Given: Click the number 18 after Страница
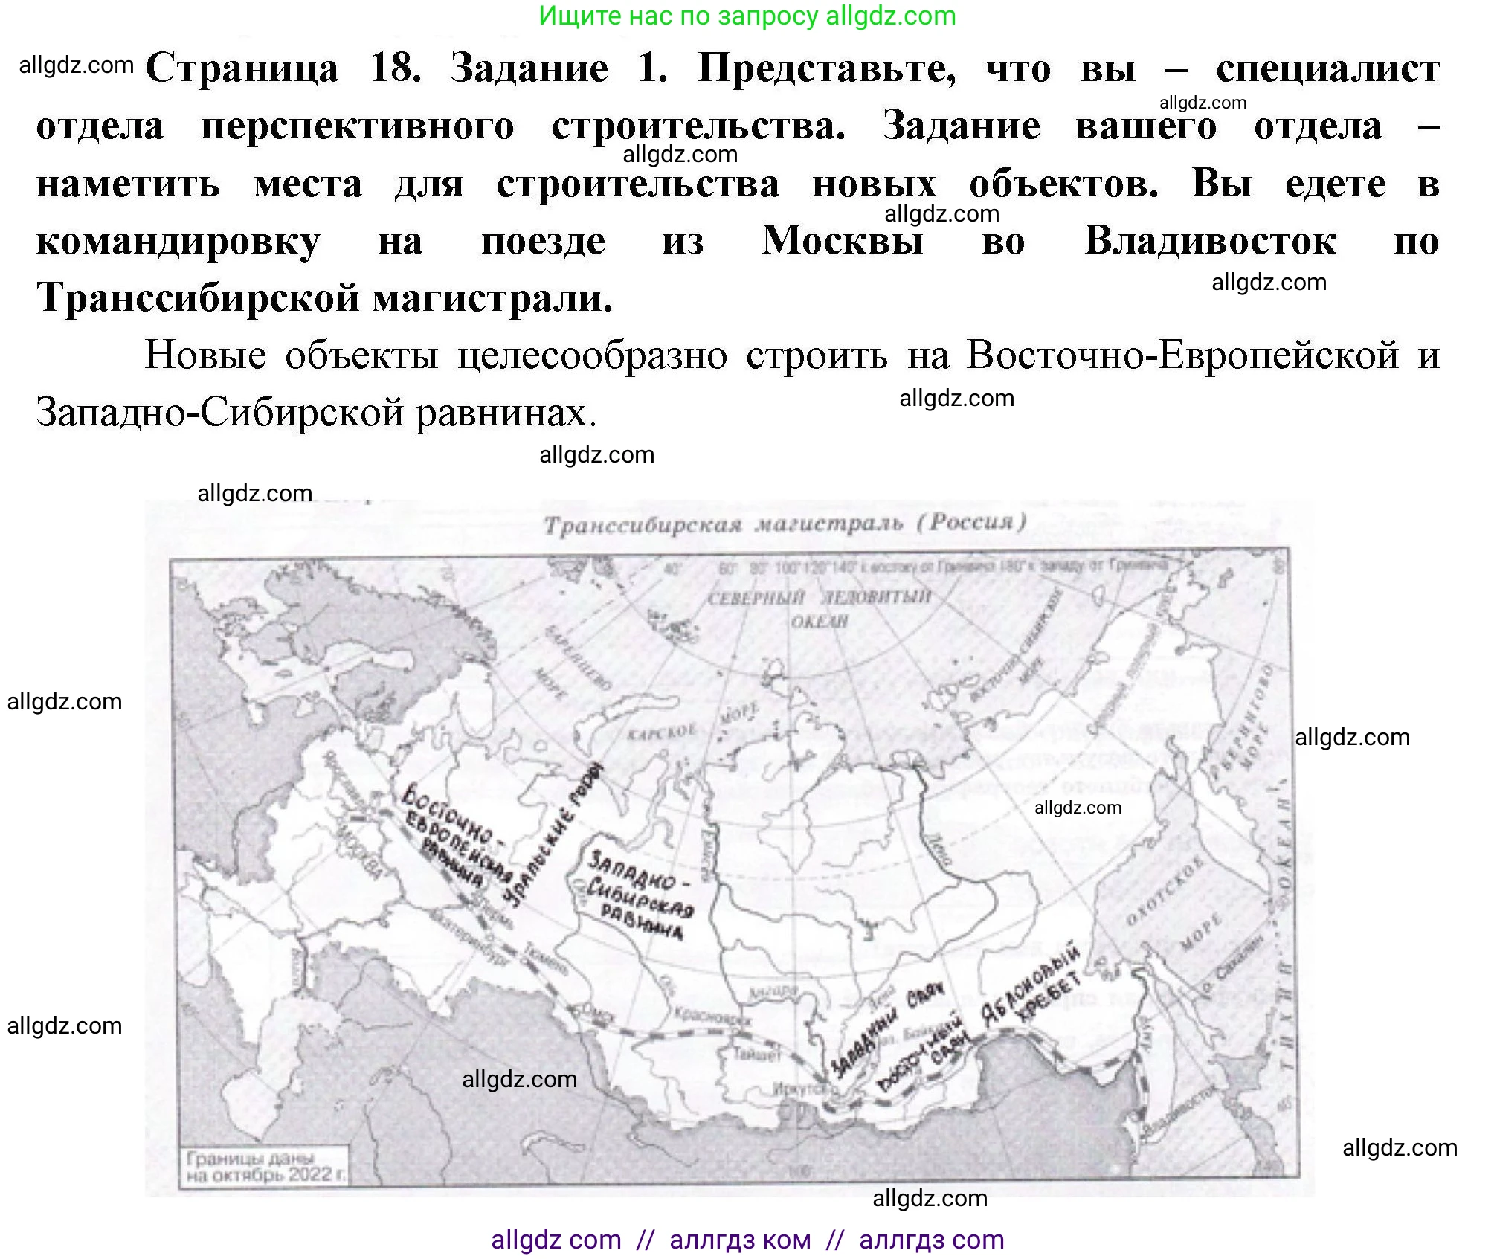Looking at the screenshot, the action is [395, 68].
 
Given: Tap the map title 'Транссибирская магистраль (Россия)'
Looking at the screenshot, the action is [785, 524].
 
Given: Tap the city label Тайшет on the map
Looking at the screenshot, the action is [757, 1054].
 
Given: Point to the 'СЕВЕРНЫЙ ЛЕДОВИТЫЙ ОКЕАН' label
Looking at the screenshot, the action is [819, 608].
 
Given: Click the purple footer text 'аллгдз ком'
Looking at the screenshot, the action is [740, 1240].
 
